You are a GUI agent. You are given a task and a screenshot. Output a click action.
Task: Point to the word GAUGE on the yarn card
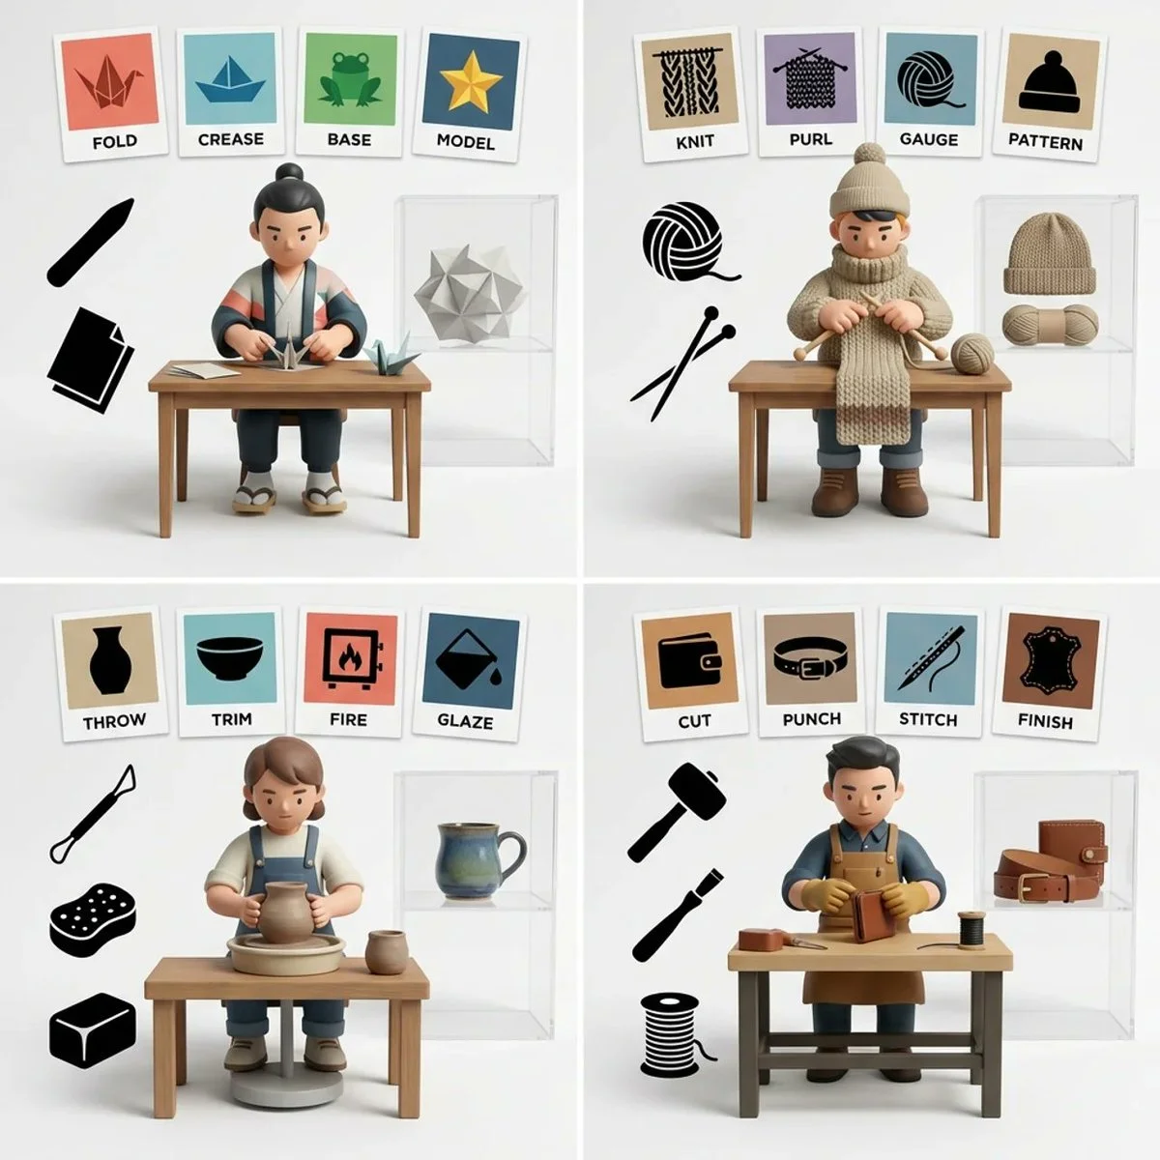click(x=928, y=139)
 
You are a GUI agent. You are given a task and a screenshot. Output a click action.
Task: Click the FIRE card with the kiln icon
click(x=347, y=675)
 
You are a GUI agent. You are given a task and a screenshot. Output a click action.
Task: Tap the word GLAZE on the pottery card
click(x=466, y=721)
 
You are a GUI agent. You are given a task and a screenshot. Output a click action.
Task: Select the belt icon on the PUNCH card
click(x=810, y=662)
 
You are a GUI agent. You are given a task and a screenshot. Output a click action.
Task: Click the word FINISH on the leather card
click(x=1046, y=720)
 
